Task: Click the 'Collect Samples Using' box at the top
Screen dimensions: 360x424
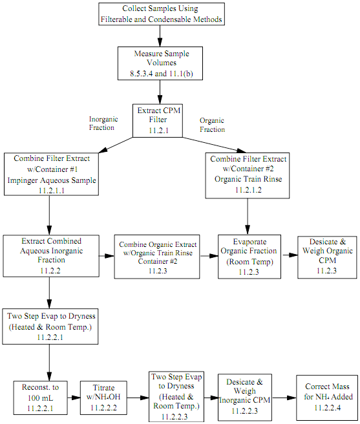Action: pyautogui.click(x=162, y=14)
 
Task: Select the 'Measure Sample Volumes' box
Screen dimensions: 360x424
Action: pyautogui.click(x=160, y=63)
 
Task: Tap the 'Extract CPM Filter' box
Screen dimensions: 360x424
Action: pyautogui.click(x=158, y=121)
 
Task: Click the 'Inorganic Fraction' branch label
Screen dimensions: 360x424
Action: pyautogui.click(x=103, y=123)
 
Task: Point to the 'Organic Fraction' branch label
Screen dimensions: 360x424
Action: pyautogui.click(x=213, y=125)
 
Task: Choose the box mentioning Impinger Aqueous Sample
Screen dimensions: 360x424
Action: pyautogui.click(x=51, y=174)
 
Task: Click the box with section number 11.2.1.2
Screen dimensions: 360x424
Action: pyautogui.click(x=247, y=176)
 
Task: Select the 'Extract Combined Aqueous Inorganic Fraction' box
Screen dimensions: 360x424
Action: pyautogui.click(x=51, y=256)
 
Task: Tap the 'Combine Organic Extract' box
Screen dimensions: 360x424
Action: pyautogui.click(x=157, y=257)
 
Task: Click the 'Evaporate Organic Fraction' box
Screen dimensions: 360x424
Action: pyautogui.click(x=249, y=257)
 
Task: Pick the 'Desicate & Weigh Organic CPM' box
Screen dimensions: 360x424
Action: pyautogui.click(x=327, y=257)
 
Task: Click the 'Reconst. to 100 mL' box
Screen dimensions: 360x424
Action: pyautogui.click(x=40, y=397)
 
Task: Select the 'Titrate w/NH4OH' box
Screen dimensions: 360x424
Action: pyautogui.click(x=103, y=397)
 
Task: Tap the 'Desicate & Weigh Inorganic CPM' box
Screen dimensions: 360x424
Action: pyautogui.click(x=245, y=397)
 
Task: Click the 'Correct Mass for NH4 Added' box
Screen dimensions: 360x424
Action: pyautogui.click(x=327, y=397)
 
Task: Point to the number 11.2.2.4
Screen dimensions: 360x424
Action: pyautogui.click(x=327, y=407)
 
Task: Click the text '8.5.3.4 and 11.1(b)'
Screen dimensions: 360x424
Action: pyautogui.click(x=162, y=74)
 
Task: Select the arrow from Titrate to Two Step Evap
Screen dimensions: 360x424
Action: pyautogui.click(x=138, y=397)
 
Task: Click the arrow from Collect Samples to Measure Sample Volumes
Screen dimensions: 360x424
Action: pyautogui.click(x=160, y=36)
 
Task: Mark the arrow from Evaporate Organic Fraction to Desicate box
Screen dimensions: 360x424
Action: pyautogui.click(x=290, y=255)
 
